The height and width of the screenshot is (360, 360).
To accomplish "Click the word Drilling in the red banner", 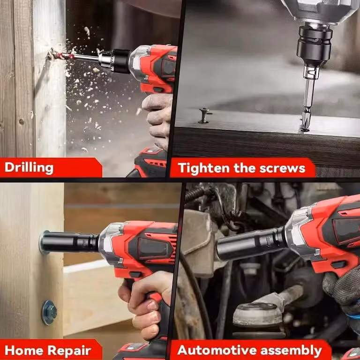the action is (x=29, y=168).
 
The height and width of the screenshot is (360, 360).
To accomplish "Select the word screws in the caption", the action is (x=282, y=169).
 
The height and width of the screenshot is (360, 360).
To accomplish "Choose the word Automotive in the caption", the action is (x=217, y=350).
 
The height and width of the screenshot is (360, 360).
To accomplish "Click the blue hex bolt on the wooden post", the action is (x=49, y=313).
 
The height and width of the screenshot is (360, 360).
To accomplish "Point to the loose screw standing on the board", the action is (x=204, y=115).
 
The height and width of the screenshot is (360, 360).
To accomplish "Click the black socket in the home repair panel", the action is (x=69, y=242).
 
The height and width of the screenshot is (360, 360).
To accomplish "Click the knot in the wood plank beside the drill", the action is (x=22, y=122).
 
